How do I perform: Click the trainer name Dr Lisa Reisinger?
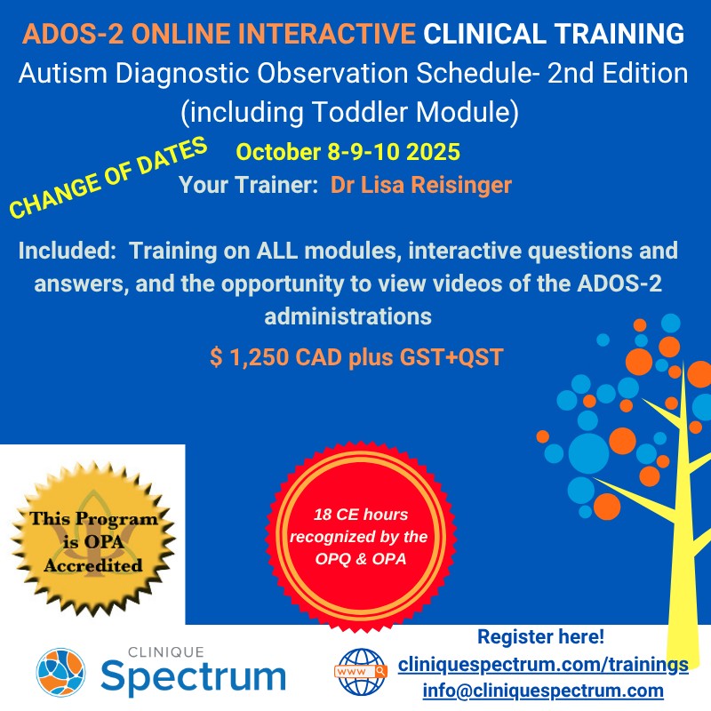click(420, 185)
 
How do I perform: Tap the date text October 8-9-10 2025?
click(348, 152)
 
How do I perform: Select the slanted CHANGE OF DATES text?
click(108, 177)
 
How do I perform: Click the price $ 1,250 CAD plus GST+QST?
click(356, 357)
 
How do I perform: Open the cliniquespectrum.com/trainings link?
click(543, 665)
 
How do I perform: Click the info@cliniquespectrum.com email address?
click(543, 691)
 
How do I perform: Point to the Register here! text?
click(541, 636)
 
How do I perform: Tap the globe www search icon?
click(361, 672)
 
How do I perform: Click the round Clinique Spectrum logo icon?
click(60, 672)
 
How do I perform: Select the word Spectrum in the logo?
click(193, 676)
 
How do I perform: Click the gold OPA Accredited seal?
click(93, 539)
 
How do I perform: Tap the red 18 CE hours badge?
click(361, 537)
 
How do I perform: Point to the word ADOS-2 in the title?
click(73, 34)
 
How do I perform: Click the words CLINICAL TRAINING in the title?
click(554, 34)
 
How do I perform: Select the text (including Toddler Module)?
click(349, 112)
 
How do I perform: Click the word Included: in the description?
click(68, 251)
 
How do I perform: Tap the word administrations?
click(348, 316)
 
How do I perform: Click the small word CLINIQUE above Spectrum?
click(166, 652)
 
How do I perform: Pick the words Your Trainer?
click(249, 185)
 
